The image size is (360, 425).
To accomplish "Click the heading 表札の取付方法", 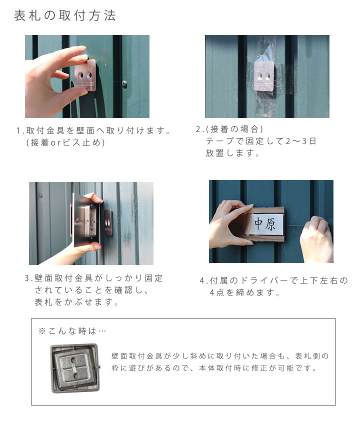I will tap(65, 15).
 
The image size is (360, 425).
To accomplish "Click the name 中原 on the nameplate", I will tap(265, 223).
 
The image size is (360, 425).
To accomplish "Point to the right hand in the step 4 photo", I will tap(315, 239).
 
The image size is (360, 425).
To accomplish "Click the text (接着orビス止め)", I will tap(65, 142).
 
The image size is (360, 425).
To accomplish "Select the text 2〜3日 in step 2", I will tap(300, 141).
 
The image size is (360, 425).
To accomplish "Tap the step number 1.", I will tap(19, 131).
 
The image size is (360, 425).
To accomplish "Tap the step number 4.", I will tap(202, 280).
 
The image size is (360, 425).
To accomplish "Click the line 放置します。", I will tap(233, 153).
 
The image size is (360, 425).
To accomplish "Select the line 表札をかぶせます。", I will tap(77, 302).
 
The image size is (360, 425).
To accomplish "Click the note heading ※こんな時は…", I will tap(72, 331).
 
